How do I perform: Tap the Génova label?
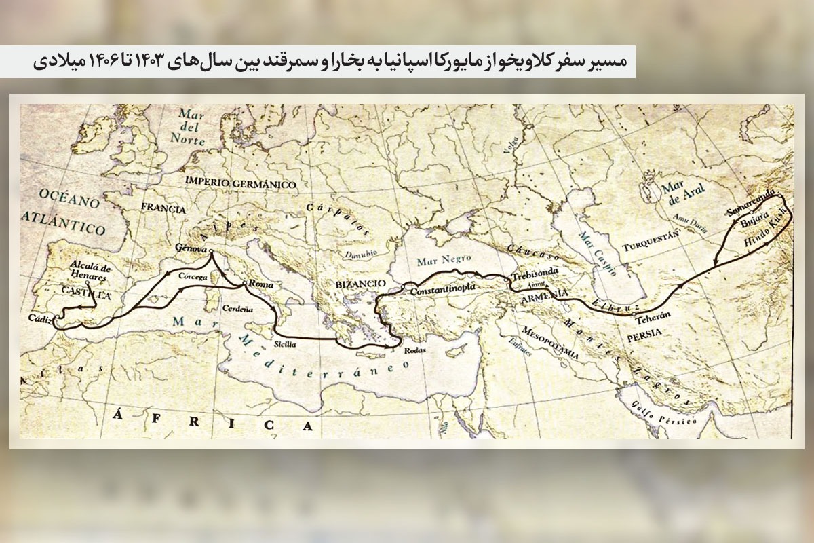[x=190, y=248]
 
